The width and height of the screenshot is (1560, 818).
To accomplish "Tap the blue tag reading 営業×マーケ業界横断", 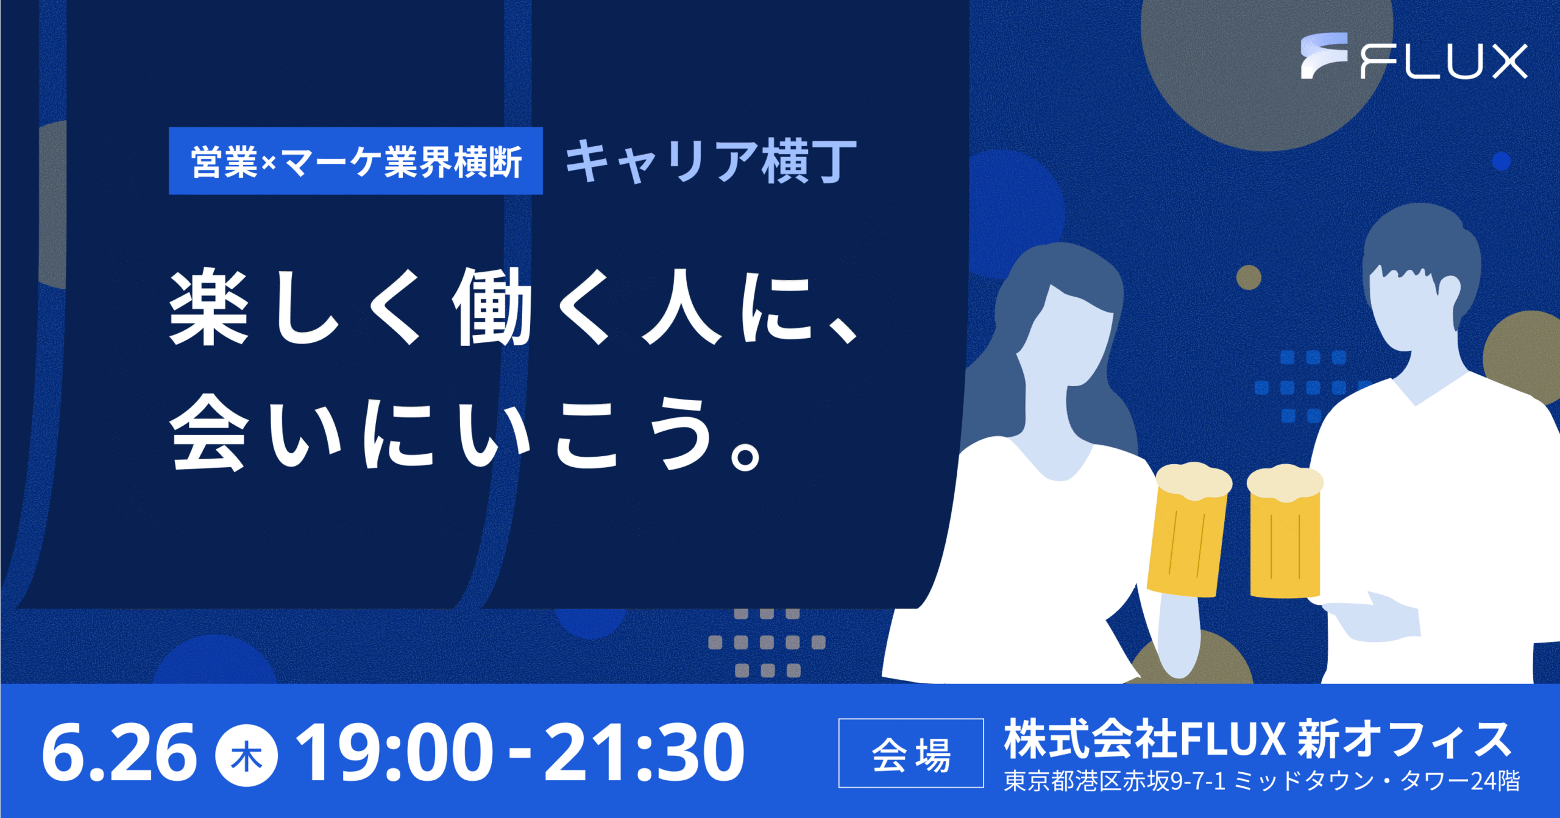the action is click(x=356, y=161).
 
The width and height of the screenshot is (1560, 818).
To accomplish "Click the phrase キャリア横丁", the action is click(x=711, y=161).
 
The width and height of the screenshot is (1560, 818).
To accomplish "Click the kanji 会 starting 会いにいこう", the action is click(x=209, y=432).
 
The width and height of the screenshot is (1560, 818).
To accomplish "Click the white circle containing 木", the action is click(x=247, y=756).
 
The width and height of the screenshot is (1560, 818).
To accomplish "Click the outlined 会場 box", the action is click(x=911, y=753).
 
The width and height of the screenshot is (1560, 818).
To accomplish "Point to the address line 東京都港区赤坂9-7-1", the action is click(x=1115, y=781).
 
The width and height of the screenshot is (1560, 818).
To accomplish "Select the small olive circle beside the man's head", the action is click(x=1249, y=277).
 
